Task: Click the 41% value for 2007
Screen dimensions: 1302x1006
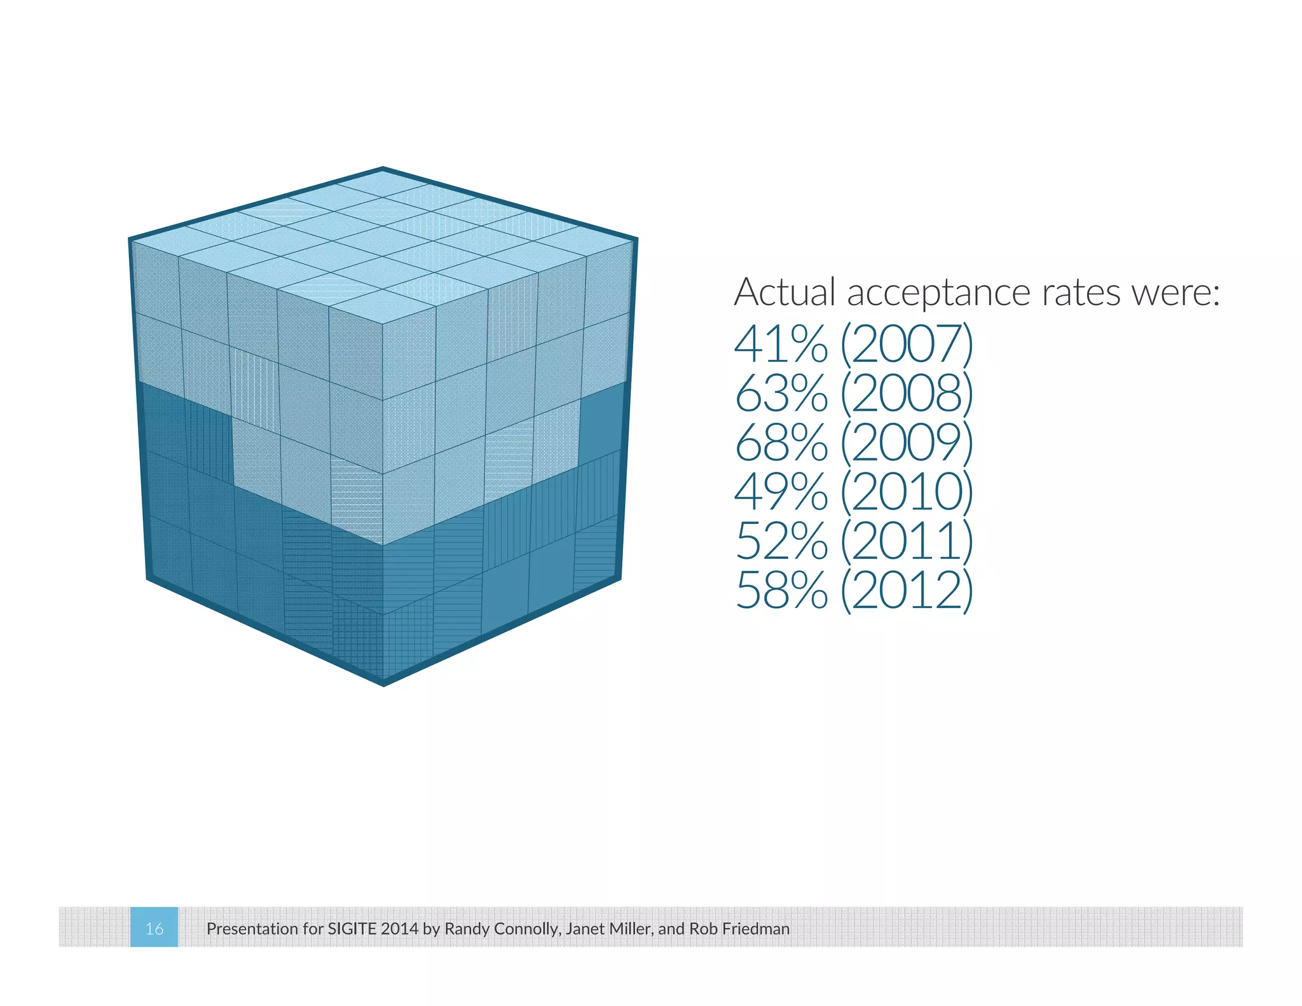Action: pos(781,344)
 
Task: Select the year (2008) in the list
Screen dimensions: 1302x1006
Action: pos(907,394)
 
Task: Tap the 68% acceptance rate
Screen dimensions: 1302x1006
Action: pos(781,443)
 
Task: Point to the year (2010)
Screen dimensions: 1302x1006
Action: pos(907,492)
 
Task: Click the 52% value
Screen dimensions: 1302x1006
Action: pos(781,541)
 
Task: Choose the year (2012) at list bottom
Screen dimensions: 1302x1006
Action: pos(907,591)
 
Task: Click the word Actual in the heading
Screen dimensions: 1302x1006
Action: pos(785,293)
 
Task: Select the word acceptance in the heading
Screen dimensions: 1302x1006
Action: pos(938,294)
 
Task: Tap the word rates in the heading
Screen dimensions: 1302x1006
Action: pos(1081,294)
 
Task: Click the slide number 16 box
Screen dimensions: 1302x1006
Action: pos(154,928)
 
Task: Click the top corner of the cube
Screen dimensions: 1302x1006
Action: pos(383,169)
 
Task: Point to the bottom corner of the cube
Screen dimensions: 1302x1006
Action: pos(383,684)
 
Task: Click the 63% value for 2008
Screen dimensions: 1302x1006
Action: pos(781,394)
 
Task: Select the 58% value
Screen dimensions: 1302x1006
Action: pos(781,591)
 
